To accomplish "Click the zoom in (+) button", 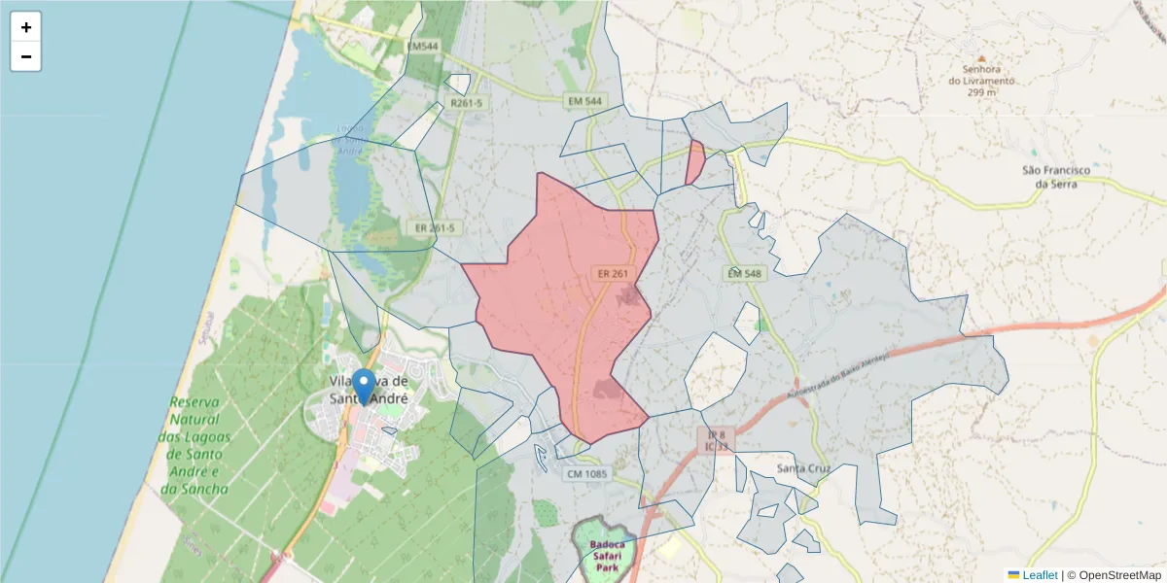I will (26, 27).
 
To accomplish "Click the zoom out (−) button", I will (26, 57).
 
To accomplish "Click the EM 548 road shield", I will (744, 274).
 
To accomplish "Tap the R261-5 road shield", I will (467, 103).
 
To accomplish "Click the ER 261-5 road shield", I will (435, 228).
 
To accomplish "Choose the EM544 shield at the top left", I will (423, 46).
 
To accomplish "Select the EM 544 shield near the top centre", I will (585, 101).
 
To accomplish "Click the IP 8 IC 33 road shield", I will (716, 440).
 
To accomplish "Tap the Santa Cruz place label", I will (803, 468).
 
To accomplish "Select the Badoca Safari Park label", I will (607, 551).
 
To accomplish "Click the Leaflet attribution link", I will (1039, 575).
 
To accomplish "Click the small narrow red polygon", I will (695, 162).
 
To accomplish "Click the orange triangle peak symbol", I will (980, 58).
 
